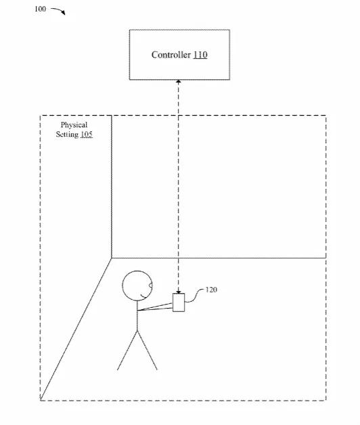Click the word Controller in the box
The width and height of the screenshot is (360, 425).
[171, 55]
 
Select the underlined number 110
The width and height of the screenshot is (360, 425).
[200, 55]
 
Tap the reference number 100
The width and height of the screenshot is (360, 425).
[40, 9]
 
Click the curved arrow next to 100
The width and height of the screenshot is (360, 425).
[58, 11]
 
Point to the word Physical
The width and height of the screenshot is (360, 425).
[74, 125]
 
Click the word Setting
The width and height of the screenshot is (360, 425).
[67, 134]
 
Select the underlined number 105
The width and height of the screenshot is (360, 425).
[87, 134]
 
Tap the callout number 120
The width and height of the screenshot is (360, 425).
[211, 290]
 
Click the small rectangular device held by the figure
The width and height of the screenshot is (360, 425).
[179, 303]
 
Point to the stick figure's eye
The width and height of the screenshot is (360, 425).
[151, 286]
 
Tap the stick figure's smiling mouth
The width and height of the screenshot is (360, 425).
[143, 296]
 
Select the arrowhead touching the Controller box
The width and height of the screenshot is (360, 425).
[179, 82]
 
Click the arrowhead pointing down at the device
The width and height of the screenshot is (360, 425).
[179, 292]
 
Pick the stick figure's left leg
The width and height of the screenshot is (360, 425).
[127, 351]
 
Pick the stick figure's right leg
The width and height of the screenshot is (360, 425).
[148, 351]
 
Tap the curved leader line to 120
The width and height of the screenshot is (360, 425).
[195, 296]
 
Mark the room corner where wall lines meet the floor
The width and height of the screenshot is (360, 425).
[112, 258]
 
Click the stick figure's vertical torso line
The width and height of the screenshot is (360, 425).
[137, 316]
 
